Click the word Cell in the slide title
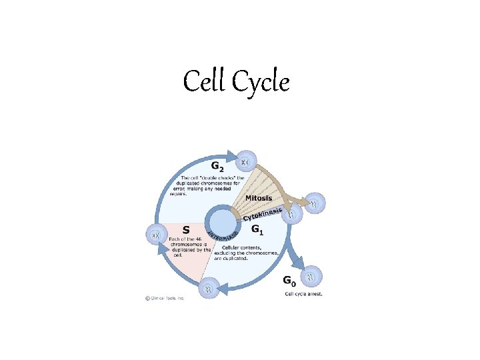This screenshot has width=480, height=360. coord(206,82)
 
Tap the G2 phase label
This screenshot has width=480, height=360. coord(217,166)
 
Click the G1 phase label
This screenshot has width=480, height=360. coord(255,229)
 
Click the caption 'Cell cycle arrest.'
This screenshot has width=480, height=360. coord(303,294)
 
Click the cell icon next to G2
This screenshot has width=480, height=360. coord(246,161)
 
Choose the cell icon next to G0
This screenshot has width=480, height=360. coord(313,276)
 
